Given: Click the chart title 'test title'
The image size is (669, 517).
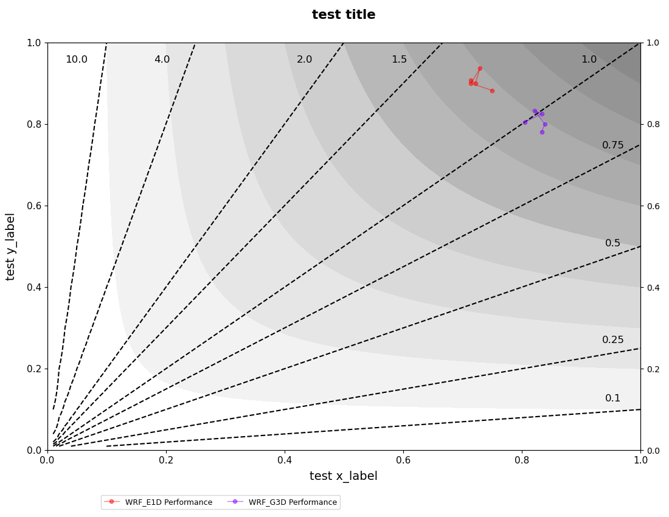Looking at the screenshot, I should point(344,15).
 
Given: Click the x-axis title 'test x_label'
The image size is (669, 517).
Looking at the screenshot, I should point(344,476).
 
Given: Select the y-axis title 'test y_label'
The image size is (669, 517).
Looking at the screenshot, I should point(10,246).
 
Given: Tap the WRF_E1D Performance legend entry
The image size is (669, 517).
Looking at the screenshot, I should point(158,502).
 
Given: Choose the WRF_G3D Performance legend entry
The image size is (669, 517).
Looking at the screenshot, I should point(282,502).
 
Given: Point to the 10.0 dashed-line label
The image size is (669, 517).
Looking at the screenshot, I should point(77,60).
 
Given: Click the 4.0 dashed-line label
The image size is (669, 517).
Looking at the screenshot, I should point(162,60).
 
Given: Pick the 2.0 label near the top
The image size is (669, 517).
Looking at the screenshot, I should point(304,60).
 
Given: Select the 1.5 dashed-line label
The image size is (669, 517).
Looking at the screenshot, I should point(399,60).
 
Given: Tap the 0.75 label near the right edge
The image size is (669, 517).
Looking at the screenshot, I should point(613,145).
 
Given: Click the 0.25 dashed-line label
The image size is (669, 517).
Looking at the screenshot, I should point(613,340).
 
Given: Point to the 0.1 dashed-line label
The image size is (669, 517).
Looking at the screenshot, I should point(613,398).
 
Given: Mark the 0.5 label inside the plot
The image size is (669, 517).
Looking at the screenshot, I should point(613,243).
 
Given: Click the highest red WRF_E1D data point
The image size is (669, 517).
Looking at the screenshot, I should point(480,68).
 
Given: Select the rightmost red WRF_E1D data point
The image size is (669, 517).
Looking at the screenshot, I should point(492,91).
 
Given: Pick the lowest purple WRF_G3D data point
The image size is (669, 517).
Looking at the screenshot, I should point(542,132).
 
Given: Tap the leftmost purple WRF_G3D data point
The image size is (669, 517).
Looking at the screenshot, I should point(525,122).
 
